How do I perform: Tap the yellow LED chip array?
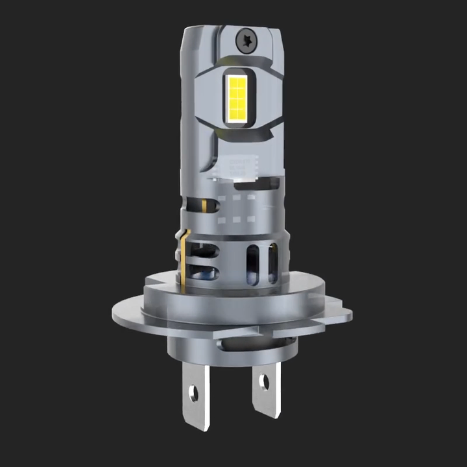click(238, 98)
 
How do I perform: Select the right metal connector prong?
click(265, 396)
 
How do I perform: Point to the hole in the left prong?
click(193, 393)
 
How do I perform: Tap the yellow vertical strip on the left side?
click(185, 259)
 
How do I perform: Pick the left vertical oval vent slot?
click(252, 263)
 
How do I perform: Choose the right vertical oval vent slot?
click(273, 263)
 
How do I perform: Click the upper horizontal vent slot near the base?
click(206, 249)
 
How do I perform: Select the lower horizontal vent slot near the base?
click(206, 272)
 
